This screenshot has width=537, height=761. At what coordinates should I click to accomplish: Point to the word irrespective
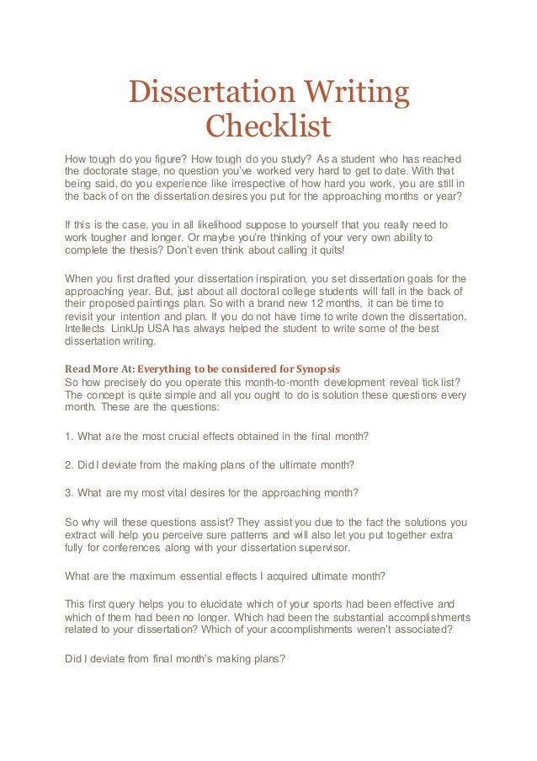[x=247, y=184]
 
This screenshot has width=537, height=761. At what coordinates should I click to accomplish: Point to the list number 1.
[x=68, y=437]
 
